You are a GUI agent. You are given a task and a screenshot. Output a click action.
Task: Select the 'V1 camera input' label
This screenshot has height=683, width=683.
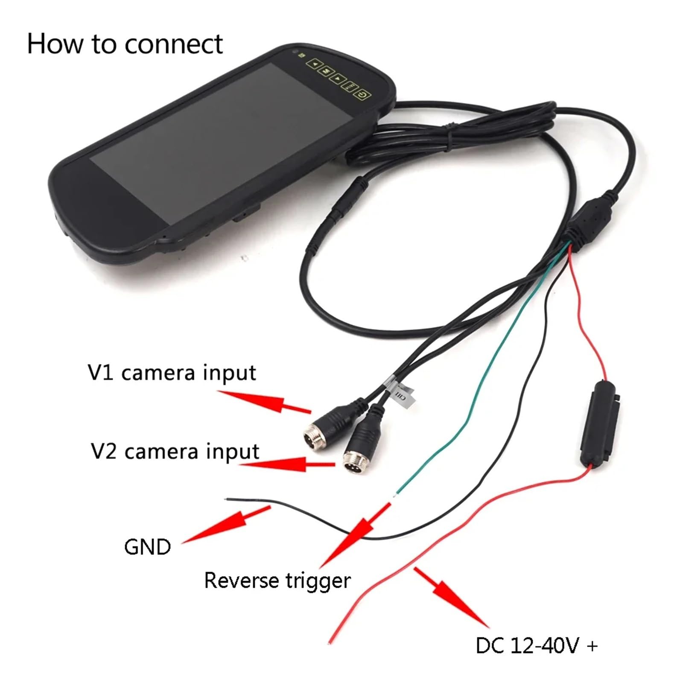pyautogui.click(x=172, y=373)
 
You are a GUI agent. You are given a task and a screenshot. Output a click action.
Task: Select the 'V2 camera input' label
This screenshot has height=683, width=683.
pyautogui.click(x=175, y=452)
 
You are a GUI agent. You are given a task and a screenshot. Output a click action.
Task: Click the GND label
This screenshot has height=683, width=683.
pyautogui.click(x=147, y=547)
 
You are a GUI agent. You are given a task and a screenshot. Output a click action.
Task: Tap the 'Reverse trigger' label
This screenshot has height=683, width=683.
pyautogui.click(x=277, y=581)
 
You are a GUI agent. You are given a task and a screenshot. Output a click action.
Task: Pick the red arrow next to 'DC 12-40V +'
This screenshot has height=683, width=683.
pyautogui.click(x=451, y=597)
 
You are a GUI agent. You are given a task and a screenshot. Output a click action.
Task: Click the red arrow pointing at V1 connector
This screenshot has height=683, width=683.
pyautogui.click(x=264, y=402)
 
